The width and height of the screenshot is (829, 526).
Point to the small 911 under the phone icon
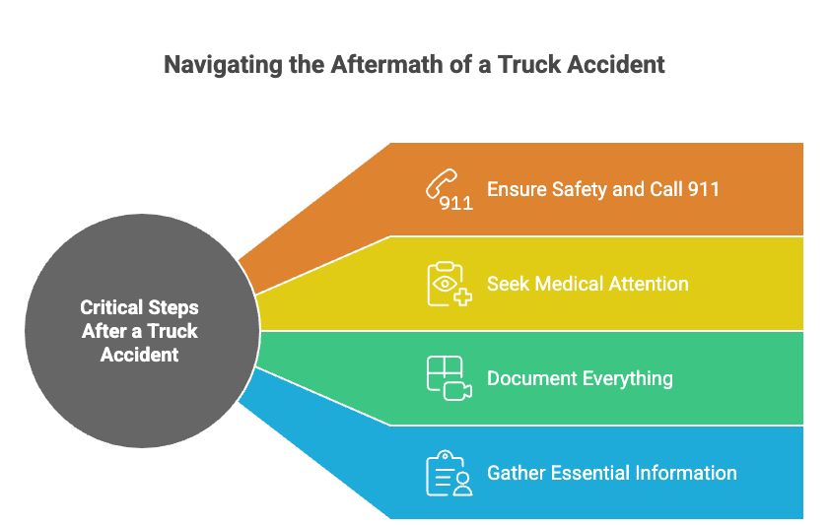(x=456, y=204)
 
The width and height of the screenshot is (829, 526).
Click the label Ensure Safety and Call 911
(x=602, y=188)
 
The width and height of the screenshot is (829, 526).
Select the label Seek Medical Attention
(x=587, y=284)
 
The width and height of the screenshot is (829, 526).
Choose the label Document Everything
(x=580, y=378)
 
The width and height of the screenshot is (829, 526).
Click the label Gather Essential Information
(x=611, y=473)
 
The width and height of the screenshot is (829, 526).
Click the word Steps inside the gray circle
(x=174, y=308)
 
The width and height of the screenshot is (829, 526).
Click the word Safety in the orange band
(x=575, y=188)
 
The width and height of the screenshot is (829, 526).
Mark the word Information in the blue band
(x=690, y=473)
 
